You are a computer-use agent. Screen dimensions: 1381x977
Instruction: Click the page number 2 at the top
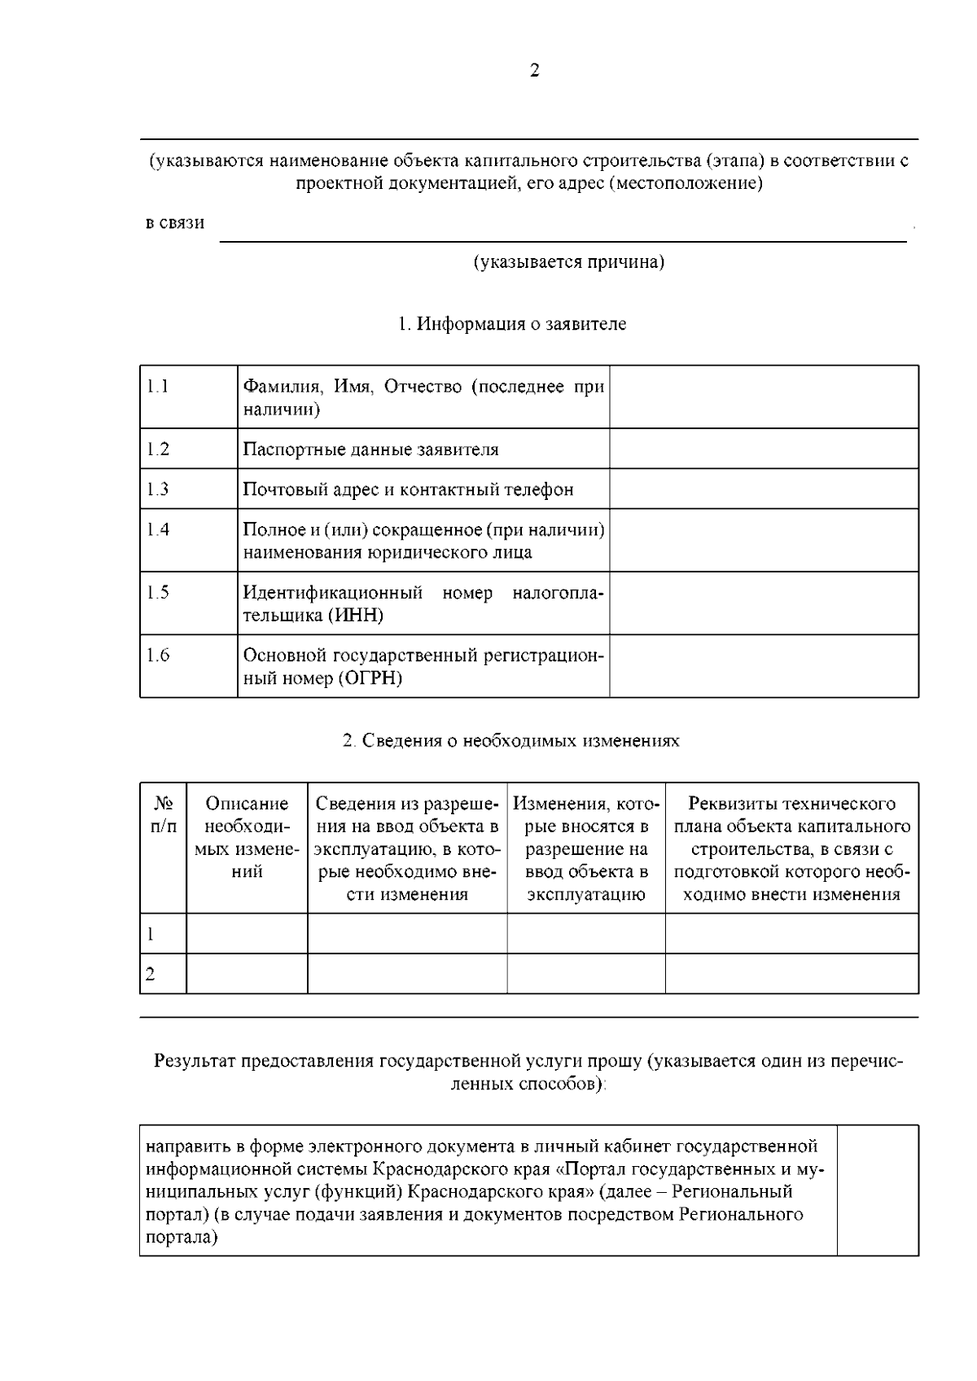(x=534, y=71)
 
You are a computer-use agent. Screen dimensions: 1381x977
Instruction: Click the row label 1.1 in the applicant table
(x=158, y=386)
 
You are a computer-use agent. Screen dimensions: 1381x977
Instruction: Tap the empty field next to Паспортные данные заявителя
(x=764, y=449)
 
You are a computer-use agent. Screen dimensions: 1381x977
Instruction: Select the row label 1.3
(x=158, y=489)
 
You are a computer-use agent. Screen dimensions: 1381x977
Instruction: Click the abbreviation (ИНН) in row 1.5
(x=356, y=616)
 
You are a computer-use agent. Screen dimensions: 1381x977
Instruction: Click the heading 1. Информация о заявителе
(x=512, y=324)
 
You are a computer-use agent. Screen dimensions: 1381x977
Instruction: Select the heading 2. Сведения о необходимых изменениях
(x=510, y=741)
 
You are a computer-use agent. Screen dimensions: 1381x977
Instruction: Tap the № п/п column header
(x=164, y=815)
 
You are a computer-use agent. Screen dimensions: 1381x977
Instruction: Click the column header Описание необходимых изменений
(x=247, y=838)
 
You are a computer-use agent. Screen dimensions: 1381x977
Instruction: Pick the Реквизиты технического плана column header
(x=791, y=848)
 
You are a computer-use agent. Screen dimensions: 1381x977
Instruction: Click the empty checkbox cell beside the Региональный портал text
(x=878, y=1190)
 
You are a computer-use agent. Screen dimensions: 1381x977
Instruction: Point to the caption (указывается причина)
(x=569, y=262)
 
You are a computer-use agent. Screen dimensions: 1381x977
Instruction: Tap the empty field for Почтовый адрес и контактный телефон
(x=764, y=489)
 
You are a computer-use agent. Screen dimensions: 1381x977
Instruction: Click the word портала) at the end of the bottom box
(x=182, y=1238)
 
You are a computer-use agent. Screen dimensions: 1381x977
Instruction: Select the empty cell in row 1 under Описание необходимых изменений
(x=247, y=934)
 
